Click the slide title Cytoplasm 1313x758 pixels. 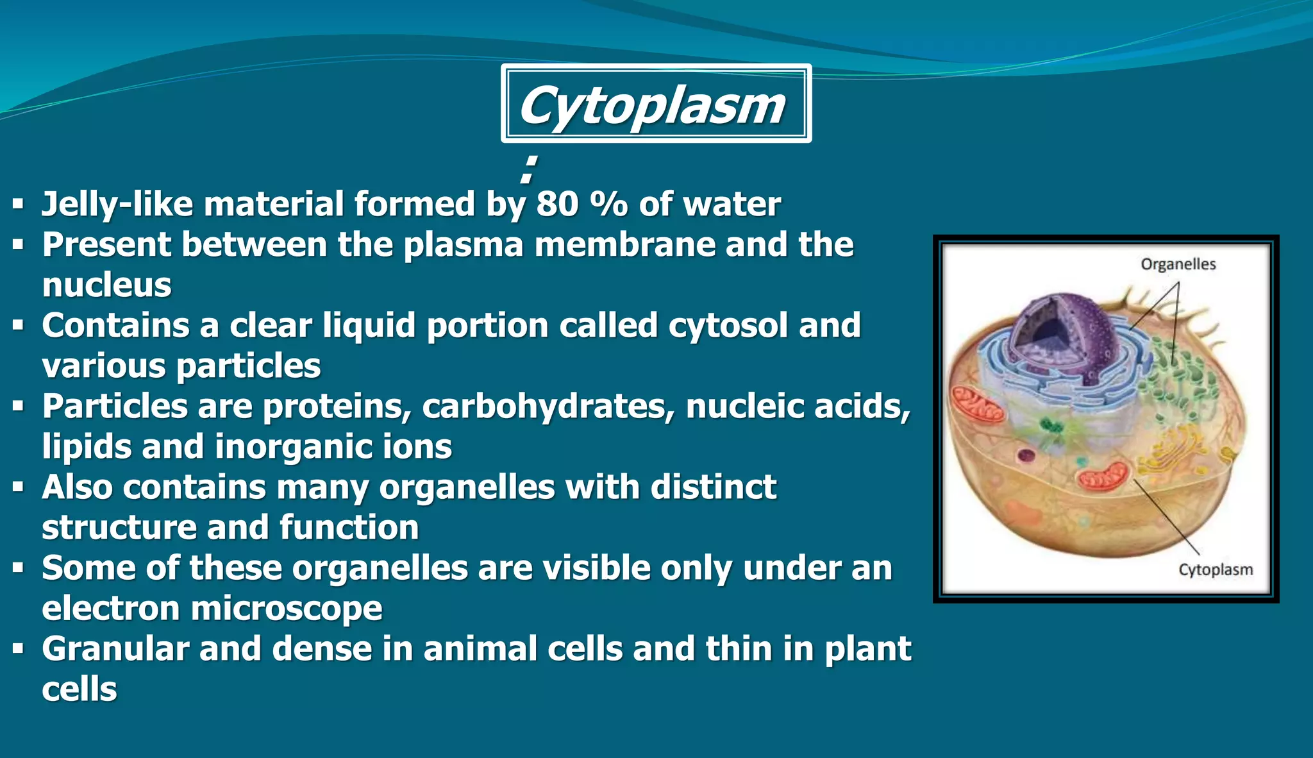(x=652, y=105)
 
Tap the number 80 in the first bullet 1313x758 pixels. (x=557, y=205)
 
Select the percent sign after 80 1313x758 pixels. (x=608, y=205)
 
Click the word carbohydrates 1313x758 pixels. (x=544, y=407)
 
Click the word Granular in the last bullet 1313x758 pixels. (x=115, y=649)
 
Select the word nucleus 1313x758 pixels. (x=106, y=285)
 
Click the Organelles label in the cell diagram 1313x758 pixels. (x=1178, y=264)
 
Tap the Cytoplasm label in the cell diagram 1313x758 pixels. (x=1215, y=569)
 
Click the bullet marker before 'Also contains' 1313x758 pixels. (x=18, y=487)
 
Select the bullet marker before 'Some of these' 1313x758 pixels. (x=18, y=568)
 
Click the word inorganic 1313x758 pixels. (x=294, y=447)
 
